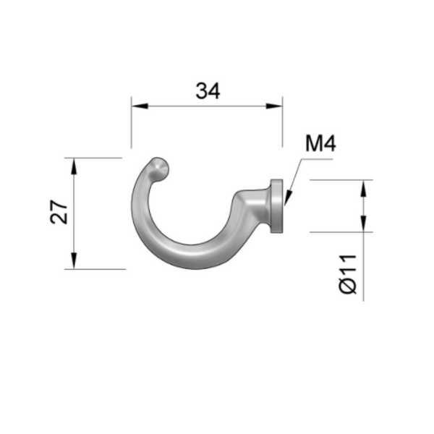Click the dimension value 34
pos(208,90)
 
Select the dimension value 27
pos(59,213)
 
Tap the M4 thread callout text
pos(320,143)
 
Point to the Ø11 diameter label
pos(348,273)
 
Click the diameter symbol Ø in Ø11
pos(348,286)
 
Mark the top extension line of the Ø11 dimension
pos(340,179)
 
